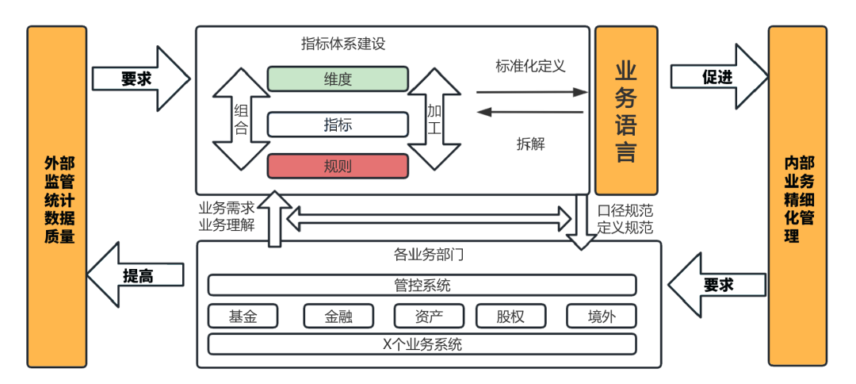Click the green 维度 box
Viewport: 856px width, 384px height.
tap(338, 79)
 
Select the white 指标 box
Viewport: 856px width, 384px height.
tap(338, 125)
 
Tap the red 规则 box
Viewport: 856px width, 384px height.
tap(338, 166)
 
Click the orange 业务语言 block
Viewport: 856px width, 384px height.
tap(625, 110)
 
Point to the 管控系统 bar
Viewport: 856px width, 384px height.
tap(422, 285)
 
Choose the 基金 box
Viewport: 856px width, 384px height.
tap(243, 316)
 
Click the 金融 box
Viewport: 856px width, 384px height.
tap(338, 316)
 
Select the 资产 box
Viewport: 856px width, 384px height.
tap(429, 316)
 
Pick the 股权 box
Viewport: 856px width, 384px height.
tap(511, 316)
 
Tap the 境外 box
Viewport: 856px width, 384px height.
tap(602, 316)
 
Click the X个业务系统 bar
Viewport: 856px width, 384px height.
tap(422, 344)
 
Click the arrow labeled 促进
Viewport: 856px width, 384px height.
tap(718, 77)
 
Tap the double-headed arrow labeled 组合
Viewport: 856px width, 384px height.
tap(242, 119)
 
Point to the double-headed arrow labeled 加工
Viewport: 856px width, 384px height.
tap(434, 119)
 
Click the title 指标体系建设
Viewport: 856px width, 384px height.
tap(343, 44)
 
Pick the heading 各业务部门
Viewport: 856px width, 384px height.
tap(429, 255)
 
